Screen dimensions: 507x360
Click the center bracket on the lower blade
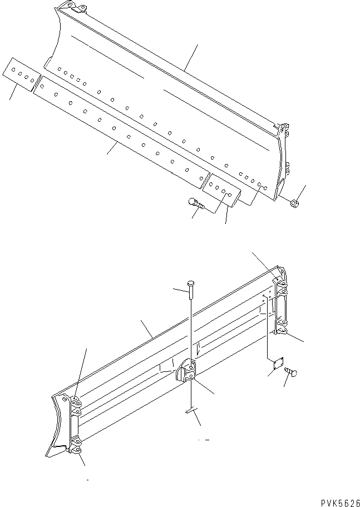pyautogui.click(x=188, y=373)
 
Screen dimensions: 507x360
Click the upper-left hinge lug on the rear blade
pyautogui.click(x=75, y=402)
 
